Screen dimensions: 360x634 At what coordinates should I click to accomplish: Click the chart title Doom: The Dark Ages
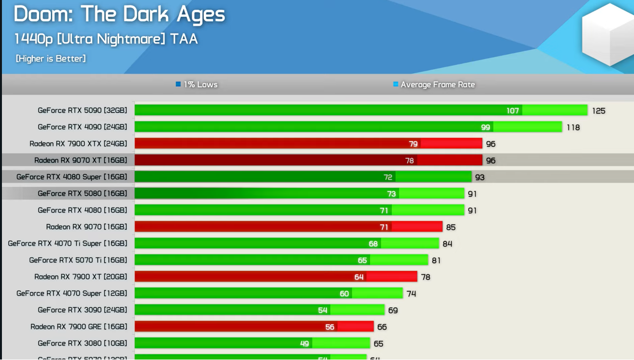click(119, 15)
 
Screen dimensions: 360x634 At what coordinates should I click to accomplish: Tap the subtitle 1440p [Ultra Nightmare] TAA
click(106, 39)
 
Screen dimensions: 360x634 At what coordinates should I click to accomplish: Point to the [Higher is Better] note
click(51, 59)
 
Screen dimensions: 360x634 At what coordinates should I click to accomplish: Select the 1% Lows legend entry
click(197, 84)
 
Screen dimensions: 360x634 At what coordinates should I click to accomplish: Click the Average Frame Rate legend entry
click(434, 84)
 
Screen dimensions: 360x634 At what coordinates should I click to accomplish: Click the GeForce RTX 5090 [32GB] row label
click(82, 110)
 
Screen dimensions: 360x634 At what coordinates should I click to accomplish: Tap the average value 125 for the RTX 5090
click(599, 111)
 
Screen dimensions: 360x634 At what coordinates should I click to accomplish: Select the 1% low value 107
click(513, 111)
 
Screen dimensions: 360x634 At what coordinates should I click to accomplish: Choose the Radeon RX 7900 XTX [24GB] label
click(78, 144)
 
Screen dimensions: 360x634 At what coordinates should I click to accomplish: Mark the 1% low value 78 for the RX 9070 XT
click(410, 160)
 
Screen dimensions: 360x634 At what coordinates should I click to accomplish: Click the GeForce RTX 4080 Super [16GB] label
click(72, 177)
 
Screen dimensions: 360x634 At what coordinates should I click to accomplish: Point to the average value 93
click(479, 177)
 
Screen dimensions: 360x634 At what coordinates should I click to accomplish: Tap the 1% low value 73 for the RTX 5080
click(391, 194)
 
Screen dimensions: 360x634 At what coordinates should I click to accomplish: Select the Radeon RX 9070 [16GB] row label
click(86, 227)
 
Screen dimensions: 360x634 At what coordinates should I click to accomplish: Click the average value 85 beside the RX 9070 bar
click(451, 227)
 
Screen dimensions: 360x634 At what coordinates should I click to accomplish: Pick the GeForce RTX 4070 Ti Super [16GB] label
click(67, 243)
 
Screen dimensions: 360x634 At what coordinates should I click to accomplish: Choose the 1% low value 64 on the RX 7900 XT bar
click(359, 277)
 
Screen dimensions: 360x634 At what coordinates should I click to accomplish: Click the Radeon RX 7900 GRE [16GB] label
click(78, 327)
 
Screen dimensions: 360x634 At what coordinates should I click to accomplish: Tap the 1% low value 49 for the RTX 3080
click(304, 344)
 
